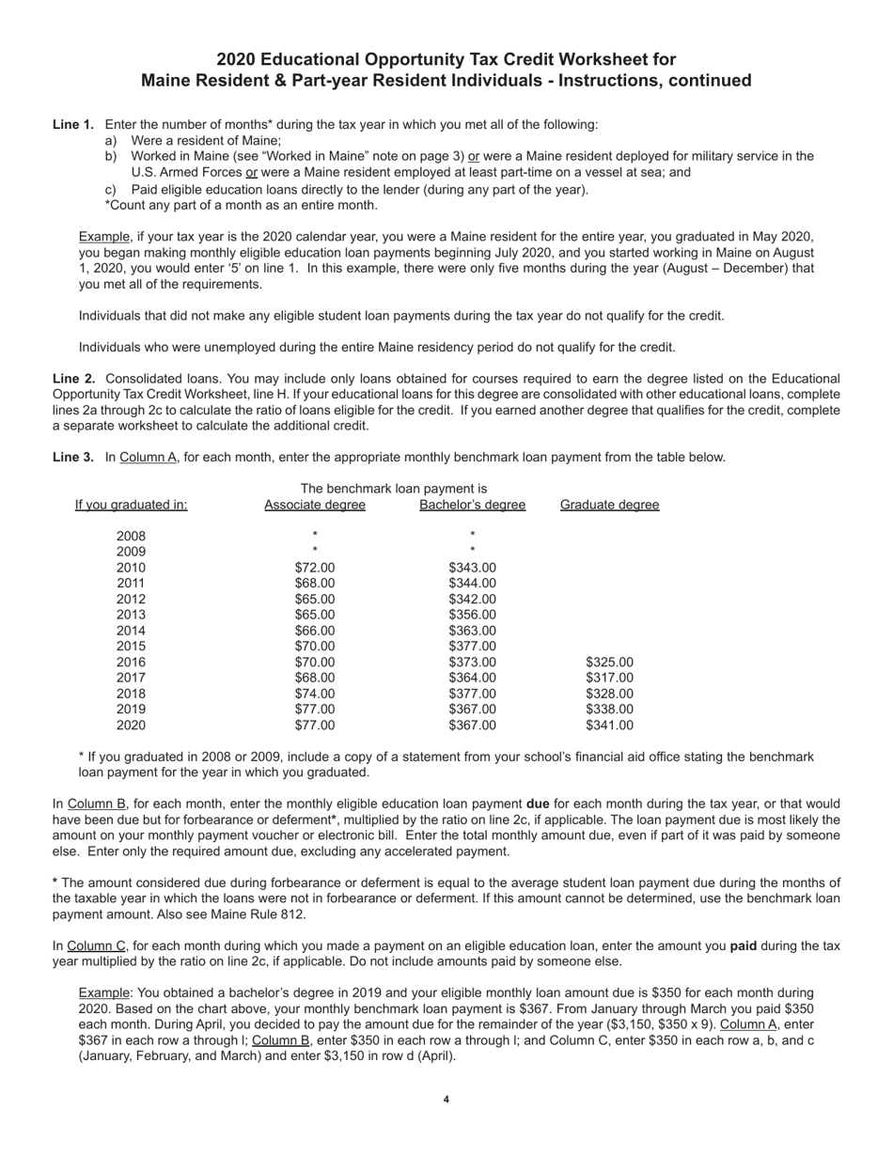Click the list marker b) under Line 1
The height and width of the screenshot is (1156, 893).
tap(111, 156)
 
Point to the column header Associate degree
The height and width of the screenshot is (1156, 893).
tap(315, 506)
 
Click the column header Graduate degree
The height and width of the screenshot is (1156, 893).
tap(609, 506)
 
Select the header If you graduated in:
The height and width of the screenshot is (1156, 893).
tap(132, 506)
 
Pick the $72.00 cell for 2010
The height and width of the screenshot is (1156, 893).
tap(315, 568)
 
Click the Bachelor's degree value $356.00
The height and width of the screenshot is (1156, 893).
tap(472, 615)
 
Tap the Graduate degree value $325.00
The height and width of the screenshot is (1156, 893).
tap(609, 663)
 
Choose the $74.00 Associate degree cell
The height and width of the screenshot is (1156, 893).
tap(315, 694)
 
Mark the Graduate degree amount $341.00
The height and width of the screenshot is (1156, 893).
tap(609, 726)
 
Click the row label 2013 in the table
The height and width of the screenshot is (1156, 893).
tap(132, 615)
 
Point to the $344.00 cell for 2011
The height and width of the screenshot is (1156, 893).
tap(472, 584)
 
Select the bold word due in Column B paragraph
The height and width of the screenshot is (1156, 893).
tap(538, 805)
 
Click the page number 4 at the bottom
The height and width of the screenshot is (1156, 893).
tap(446, 1100)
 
